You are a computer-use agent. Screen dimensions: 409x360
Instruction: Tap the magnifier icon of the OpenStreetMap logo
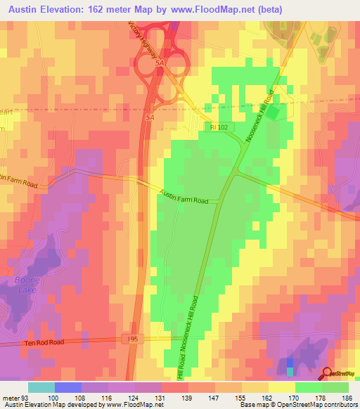[328, 375]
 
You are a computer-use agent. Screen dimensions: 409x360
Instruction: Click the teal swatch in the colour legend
[41, 387]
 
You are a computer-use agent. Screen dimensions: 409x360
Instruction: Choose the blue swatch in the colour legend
[67, 387]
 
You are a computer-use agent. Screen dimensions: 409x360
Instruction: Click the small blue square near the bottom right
[290, 363]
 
